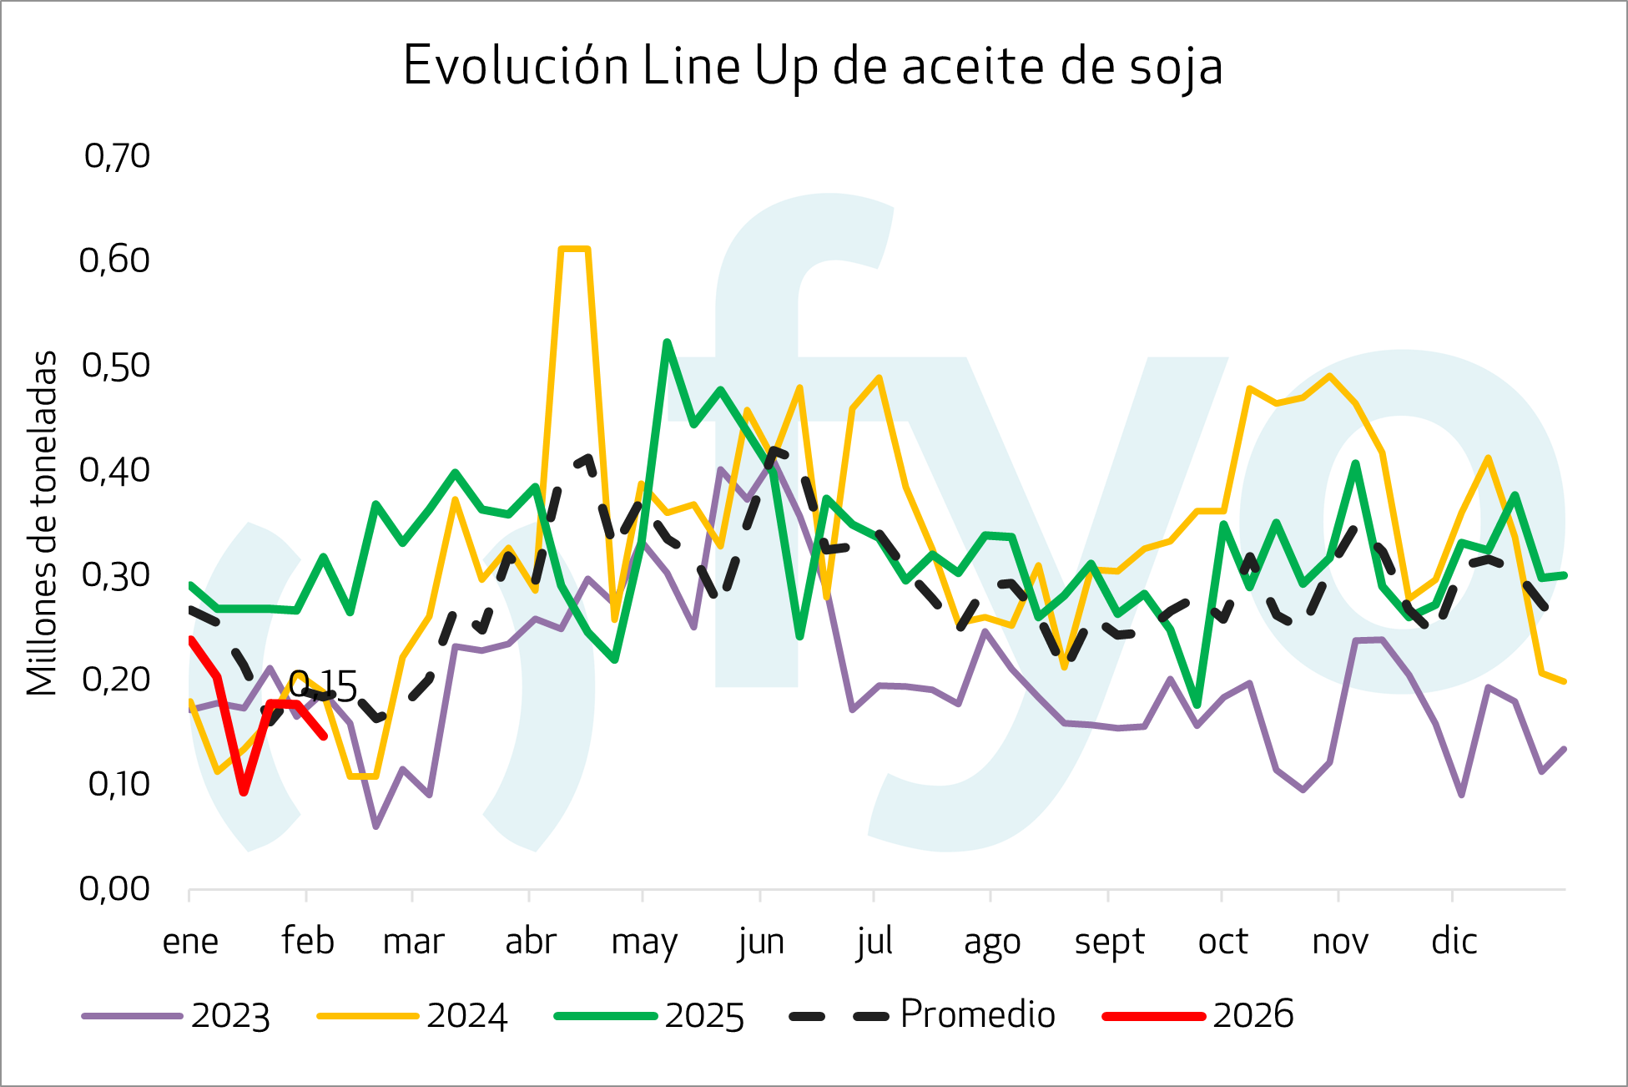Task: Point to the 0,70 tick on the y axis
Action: [117, 156]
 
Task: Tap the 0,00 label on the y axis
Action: [114, 889]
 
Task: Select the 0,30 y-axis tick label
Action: [115, 575]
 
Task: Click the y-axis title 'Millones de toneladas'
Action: [42, 523]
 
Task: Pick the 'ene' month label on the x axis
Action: [190, 942]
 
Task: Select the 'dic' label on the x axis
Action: [1454, 942]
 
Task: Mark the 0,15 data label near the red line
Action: [323, 687]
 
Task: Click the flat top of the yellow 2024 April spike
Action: [575, 249]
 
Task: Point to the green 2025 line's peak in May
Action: [667, 342]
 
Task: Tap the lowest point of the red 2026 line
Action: [244, 791]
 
